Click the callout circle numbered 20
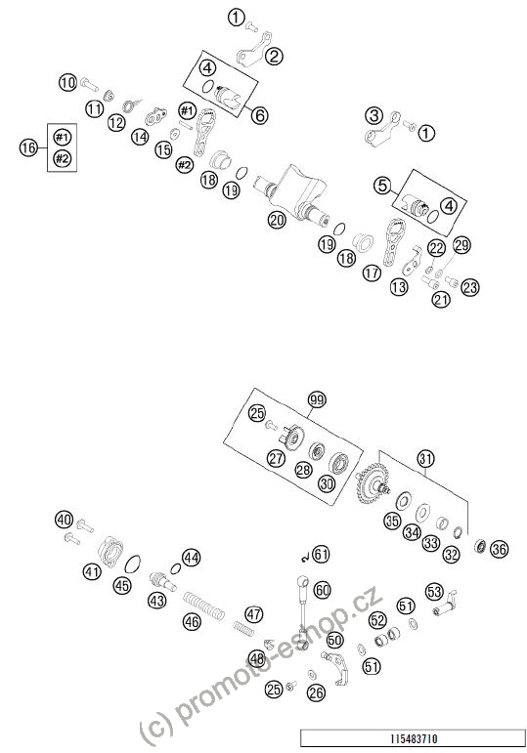[x=278, y=220]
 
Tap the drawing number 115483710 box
[x=413, y=737]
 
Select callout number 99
[x=317, y=400]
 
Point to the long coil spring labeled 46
[x=204, y=606]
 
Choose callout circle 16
[x=28, y=146]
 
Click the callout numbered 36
[x=499, y=549]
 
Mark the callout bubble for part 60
[x=322, y=590]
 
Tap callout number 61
[x=321, y=554]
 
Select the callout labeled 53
[x=434, y=591]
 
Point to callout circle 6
[x=260, y=115]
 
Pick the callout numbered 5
[x=382, y=186]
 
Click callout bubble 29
[x=462, y=245]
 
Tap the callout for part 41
[x=92, y=571]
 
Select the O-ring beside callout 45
[x=133, y=565]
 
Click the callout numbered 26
[x=318, y=692]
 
